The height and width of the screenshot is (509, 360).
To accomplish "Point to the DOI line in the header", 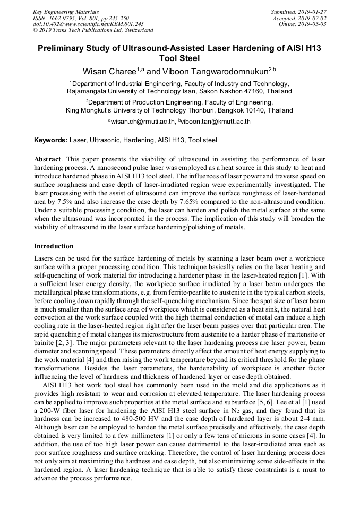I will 88,24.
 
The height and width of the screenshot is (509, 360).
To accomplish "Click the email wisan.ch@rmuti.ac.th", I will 142,122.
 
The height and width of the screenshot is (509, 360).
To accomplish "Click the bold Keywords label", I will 50,140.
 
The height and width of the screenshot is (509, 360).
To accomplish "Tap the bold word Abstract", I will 47,159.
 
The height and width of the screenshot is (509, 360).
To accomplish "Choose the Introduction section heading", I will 54,246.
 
